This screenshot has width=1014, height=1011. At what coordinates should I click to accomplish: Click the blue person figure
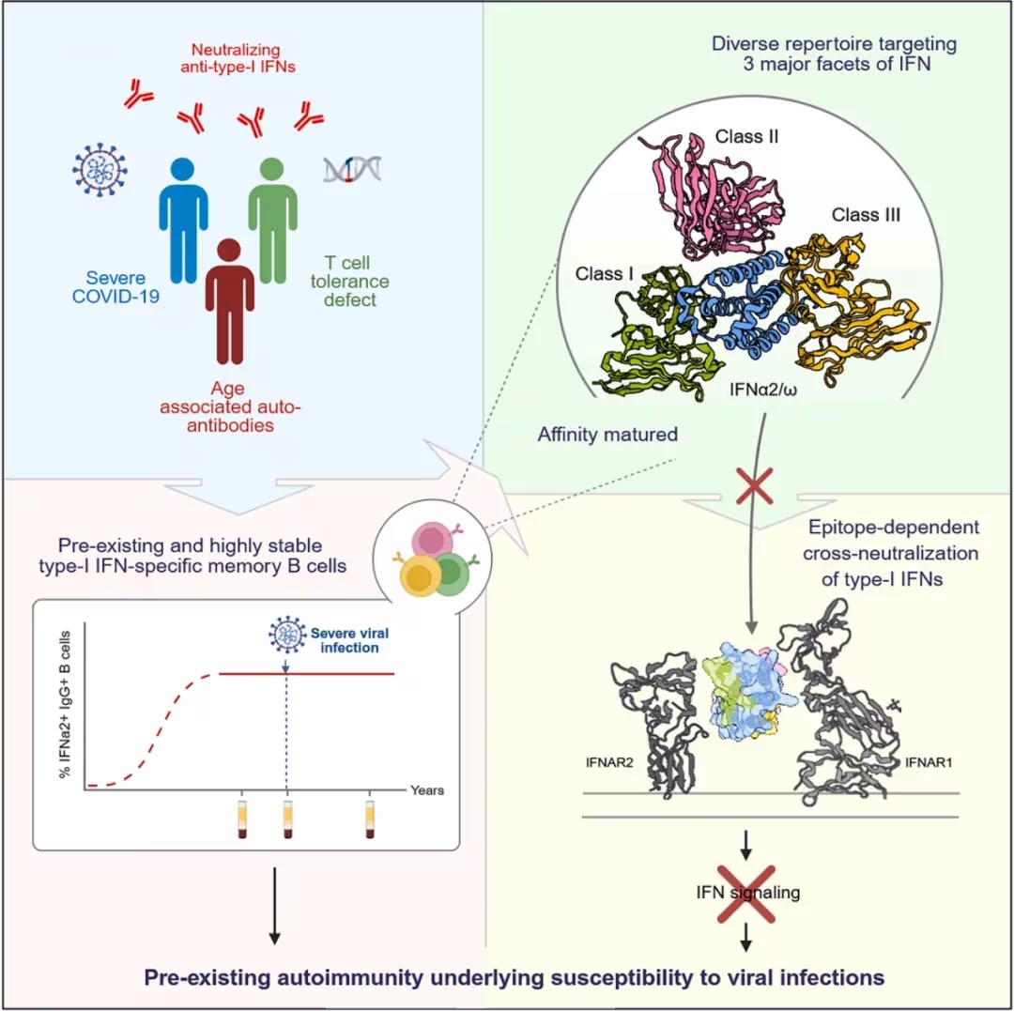[184, 220]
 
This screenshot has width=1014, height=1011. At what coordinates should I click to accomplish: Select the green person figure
[272, 220]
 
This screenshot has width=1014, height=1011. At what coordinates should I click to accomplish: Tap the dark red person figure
[230, 301]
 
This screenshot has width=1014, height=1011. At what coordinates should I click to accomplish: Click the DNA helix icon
[352, 169]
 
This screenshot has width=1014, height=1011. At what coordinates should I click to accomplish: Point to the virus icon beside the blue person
[100, 169]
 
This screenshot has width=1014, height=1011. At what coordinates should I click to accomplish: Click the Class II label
[747, 136]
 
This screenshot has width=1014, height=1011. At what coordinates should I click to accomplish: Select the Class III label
[866, 215]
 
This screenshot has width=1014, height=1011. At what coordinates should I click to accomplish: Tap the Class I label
[604, 274]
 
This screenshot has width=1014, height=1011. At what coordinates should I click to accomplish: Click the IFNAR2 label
[609, 762]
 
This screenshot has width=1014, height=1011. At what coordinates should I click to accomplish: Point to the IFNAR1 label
[929, 762]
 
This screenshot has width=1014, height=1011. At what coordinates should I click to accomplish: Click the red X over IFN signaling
[747, 894]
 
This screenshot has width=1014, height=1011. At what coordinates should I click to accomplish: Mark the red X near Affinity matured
[755, 486]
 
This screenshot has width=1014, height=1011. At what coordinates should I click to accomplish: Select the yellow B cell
[420, 575]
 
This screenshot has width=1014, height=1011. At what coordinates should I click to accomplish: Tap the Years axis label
[427, 789]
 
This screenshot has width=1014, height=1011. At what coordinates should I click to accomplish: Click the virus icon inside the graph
[287, 635]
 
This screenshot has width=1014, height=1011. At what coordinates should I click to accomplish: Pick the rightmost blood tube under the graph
[369, 819]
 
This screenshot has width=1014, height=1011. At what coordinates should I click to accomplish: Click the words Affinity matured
[607, 434]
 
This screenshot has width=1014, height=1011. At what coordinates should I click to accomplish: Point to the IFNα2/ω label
[763, 390]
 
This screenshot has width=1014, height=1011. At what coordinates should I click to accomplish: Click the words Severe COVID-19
[115, 287]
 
